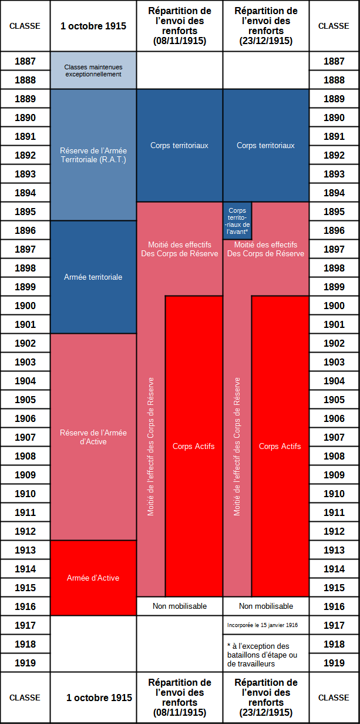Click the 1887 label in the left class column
25,61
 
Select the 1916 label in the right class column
334,606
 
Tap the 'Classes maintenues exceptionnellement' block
93,70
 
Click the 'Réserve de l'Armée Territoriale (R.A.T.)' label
93,155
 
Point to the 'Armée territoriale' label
93,277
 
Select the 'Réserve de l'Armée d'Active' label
93,437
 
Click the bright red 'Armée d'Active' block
93,578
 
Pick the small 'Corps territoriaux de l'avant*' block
237,221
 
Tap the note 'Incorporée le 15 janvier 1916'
263,625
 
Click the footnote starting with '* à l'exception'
262,655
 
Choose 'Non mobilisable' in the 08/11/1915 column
180,606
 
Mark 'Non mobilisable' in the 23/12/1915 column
266,606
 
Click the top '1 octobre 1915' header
93,26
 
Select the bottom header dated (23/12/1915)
266,698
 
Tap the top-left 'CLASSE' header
25,26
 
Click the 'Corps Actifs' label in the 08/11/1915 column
194,446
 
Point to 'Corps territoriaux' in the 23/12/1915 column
265,146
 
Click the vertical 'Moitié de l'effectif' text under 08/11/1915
150,447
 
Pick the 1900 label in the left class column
25,306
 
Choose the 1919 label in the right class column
334,663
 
